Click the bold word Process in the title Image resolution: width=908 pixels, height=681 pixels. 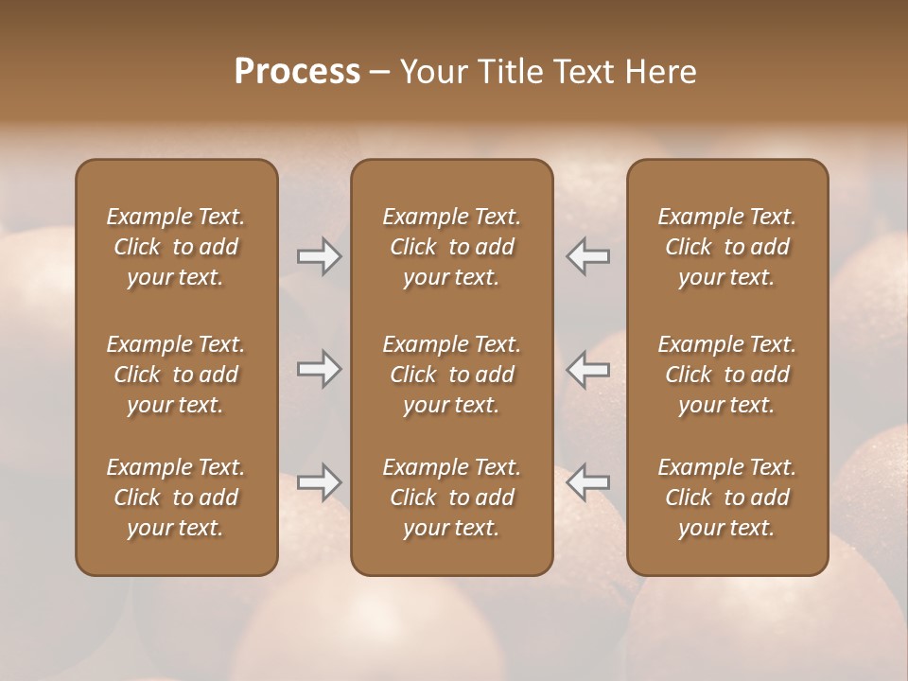tap(297, 72)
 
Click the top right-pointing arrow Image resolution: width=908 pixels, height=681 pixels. tap(320, 256)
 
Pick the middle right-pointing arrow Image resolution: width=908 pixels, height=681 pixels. tap(320, 369)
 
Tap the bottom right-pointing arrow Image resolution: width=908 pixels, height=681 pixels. tap(320, 482)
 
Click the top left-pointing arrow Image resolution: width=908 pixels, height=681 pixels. tap(587, 256)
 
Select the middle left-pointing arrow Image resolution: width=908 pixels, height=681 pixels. tap(587, 369)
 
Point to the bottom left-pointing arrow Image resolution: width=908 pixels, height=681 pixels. tap(587, 482)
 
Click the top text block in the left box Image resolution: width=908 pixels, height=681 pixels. tap(176, 247)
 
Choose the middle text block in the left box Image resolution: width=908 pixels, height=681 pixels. tap(176, 375)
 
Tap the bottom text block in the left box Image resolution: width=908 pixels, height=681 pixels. tap(176, 498)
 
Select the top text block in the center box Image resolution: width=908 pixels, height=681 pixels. tap(451, 247)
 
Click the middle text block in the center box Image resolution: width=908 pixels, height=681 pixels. tap(451, 375)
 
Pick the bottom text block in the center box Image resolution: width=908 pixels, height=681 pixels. tap(451, 498)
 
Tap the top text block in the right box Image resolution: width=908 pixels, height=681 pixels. tap(726, 247)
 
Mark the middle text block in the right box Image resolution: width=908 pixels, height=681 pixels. tap(726, 375)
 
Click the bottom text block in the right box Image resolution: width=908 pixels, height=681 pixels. tap(726, 498)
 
